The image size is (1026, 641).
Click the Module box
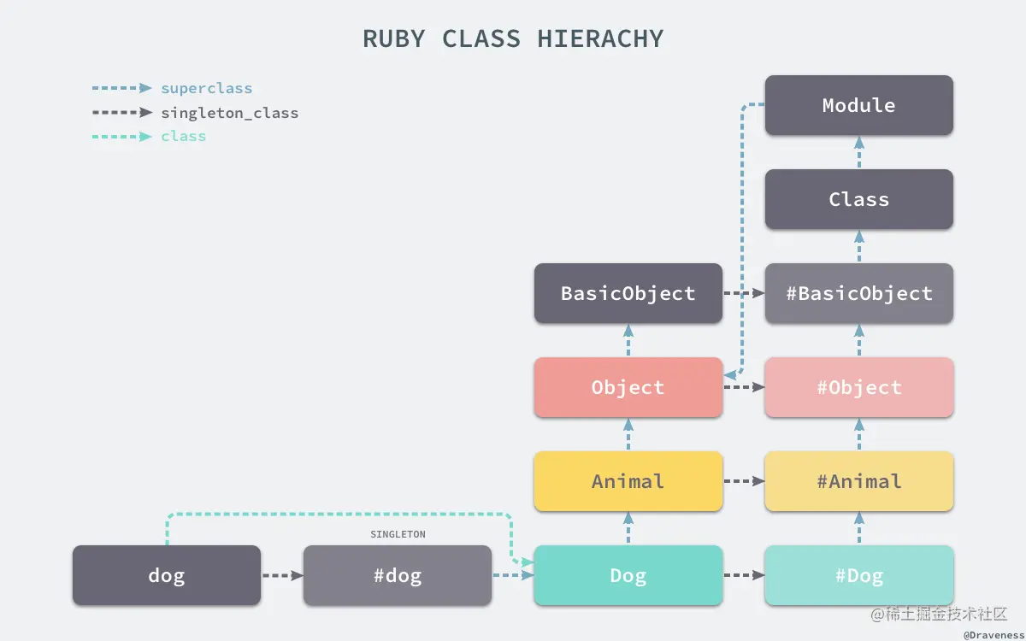click(858, 105)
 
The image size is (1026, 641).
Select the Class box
click(858, 199)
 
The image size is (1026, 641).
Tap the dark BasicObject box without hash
click(628, 293)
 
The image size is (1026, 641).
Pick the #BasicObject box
click(858, 293)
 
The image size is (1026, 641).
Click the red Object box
click(628, 387)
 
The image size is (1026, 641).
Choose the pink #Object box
click(858, 387)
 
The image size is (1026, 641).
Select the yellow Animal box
click(628, 481)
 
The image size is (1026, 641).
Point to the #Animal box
click(858, 481)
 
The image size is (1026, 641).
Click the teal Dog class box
click(628, 575)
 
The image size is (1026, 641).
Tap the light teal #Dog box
click(858, 575)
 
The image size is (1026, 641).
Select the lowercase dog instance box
click(166, 575)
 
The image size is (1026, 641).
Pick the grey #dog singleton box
click(397, 575)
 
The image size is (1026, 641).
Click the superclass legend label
click(206, 88)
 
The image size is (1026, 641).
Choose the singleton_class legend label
click(229, 112)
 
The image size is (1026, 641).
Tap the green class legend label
click(183, 136)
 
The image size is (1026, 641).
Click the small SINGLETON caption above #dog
click(398, 534)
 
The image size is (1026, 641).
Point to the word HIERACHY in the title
click(600, 38)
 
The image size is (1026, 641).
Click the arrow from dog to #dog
click(282, 575)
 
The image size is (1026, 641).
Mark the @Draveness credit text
click(993, 635)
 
